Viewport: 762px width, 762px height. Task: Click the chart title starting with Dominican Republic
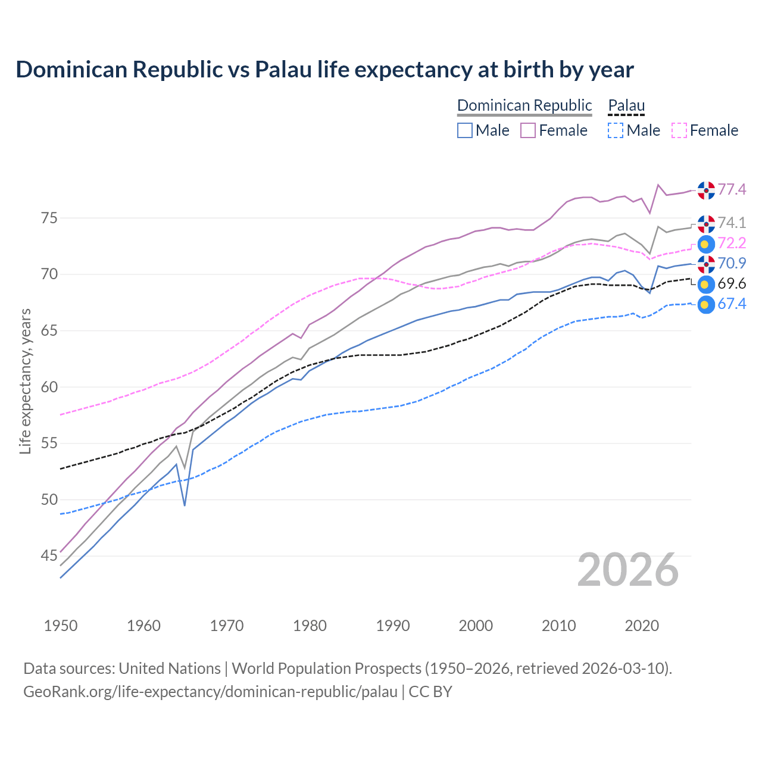coord(324,70)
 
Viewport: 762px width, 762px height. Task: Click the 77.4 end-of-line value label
coord(732,189)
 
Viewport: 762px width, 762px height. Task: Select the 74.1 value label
coord(732,223)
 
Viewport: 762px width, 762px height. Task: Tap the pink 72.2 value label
coord(732,243)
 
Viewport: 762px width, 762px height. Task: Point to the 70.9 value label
coord(732,263)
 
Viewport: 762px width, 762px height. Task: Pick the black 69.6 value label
coord(732,284)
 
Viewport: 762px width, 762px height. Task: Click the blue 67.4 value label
coord(732,304)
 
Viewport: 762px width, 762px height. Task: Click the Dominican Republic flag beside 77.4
coord(706,190)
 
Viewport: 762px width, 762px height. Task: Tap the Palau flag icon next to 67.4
coord(705,305)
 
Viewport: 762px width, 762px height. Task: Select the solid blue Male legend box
coord(465,130)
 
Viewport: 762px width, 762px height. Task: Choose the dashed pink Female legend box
coord(679,130)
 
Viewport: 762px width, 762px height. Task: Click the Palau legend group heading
coord(626,105)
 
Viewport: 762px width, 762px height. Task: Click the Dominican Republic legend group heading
coord(524,105)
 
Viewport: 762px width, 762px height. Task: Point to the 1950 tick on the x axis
coord(61,626)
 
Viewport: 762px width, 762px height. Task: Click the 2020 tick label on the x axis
coord(642,626)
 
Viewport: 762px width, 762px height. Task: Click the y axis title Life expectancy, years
coord(25,381)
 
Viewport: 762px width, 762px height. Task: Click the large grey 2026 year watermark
coord(627,570)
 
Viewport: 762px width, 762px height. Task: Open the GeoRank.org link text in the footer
coord(210,692)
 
